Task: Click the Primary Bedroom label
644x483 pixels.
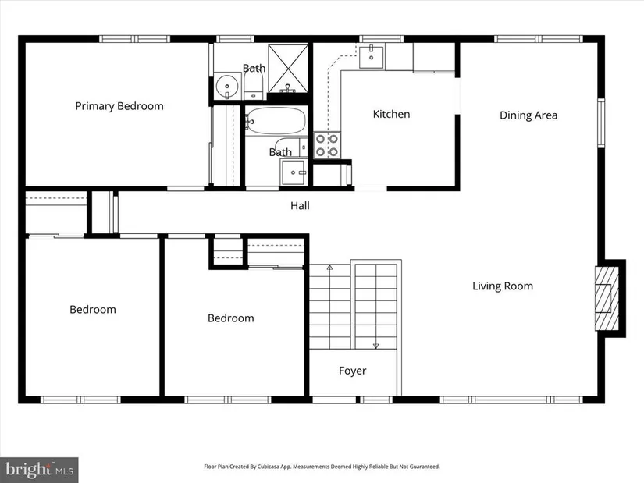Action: (119, 106)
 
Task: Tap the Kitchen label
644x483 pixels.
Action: (391, 114)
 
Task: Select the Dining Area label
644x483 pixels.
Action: (528, 115)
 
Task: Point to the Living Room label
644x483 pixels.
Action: (502, 286)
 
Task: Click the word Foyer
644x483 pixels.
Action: (352, 371)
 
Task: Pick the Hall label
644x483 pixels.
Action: (300, 206)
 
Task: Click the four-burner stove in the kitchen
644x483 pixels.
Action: (327, 145)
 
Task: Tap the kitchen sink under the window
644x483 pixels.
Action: (372, 57)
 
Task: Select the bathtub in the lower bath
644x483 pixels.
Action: (276, 120)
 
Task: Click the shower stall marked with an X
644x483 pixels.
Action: (288, 68)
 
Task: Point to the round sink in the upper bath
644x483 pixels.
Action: (226, 87)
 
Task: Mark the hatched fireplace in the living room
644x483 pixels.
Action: (607, 298)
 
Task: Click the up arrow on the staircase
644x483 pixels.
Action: (329, 268)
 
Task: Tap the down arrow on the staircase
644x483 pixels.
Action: (375, 346)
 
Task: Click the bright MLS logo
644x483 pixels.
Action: (39, 470)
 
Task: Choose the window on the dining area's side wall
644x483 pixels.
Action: (601, 123)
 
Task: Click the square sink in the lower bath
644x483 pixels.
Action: (294, 172)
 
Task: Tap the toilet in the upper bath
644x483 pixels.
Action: (254, 87)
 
